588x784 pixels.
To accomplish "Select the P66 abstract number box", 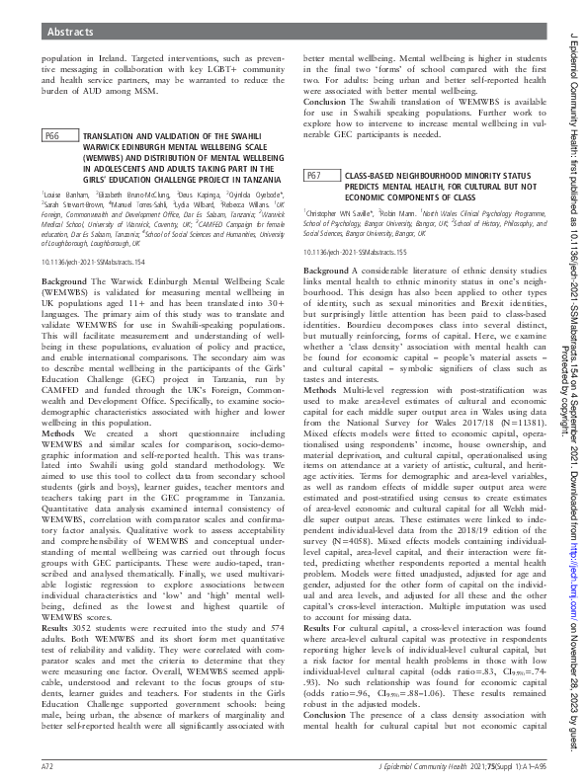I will [55, 163].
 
